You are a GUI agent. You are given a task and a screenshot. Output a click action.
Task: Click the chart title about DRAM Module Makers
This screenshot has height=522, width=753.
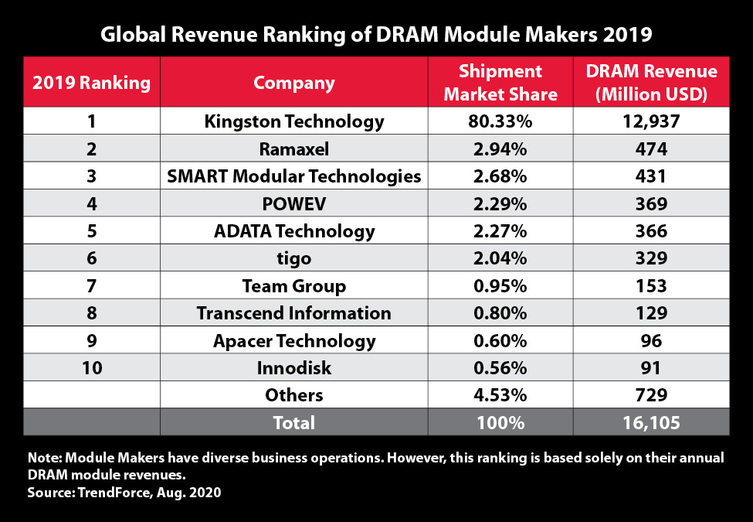click(376, 34)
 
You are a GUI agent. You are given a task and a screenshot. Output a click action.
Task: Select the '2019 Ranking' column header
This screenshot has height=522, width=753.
click(92, 83)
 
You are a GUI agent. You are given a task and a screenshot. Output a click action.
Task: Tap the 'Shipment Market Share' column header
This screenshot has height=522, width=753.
click(500, 83)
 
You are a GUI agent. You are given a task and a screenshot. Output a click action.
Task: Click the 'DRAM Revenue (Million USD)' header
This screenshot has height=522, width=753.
click(651, 83)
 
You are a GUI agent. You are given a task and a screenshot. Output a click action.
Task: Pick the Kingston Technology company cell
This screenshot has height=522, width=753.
click(293, 121)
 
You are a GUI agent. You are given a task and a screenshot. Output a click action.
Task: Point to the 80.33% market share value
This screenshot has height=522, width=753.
click(500, 121)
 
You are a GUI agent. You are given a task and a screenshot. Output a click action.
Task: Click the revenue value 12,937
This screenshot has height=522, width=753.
click(651, 121)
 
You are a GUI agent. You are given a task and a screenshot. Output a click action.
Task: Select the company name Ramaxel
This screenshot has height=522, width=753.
click(293, 148)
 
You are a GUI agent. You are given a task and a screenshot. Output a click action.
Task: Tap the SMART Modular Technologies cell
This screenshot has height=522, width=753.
click(293, 176)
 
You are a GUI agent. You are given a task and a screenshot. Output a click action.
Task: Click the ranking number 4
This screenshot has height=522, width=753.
click(92, 203)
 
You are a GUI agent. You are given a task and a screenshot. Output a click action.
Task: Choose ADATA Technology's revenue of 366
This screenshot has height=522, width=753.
click(651, 230)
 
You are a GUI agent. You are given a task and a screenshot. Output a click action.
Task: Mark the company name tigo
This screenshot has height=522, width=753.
click(293, 258)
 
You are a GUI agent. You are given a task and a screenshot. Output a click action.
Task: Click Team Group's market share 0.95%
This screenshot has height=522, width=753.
click(500, 285)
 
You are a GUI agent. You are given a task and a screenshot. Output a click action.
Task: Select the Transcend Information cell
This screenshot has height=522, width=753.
click(293, 313)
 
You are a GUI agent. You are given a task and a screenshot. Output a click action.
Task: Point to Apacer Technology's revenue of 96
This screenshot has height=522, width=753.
click(651, 340)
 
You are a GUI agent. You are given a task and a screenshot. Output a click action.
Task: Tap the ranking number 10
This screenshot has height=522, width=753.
click(92, 368)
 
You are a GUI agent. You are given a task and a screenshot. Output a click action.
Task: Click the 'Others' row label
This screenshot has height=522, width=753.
click(293, 395)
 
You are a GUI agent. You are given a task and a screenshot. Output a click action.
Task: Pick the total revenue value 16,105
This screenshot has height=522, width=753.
click(651, 423)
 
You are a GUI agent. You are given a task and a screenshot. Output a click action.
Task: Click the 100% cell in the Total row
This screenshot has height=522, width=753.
click(500, 423)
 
